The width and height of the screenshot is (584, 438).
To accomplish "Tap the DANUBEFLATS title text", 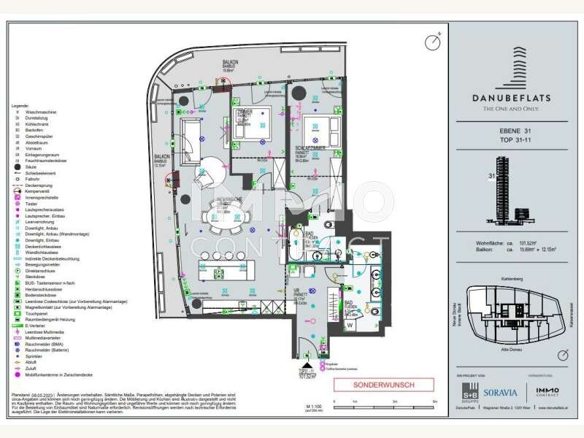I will (515, 97).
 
